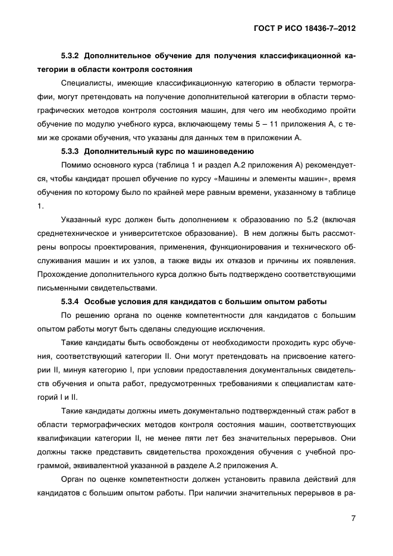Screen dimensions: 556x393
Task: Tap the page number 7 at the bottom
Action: coord(353,518)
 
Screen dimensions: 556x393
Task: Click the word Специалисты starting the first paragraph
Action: coord(86,83)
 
